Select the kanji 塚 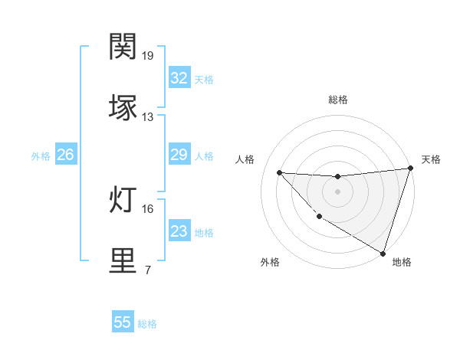[x=123, y=107]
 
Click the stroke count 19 [x=148, y=56]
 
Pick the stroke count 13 [x=148, y=116]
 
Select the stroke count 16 [x=148, y=208]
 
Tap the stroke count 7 [x=147, y=270]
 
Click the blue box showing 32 [x=179, y=78]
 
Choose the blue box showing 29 [x=179, y=155]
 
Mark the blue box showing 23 [x=179, y=231]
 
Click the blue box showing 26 [x=65, y=155]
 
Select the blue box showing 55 [x=123, y=322]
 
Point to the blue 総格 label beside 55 [x=147, y=324]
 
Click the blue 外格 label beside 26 [x=41, y=156]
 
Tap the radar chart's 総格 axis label [x=338, y=100]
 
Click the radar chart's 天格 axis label [x=432, y=159]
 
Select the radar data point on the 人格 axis [x=279, y=172]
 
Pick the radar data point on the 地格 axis [x=383, y=253]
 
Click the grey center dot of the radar [x=338, y=191]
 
